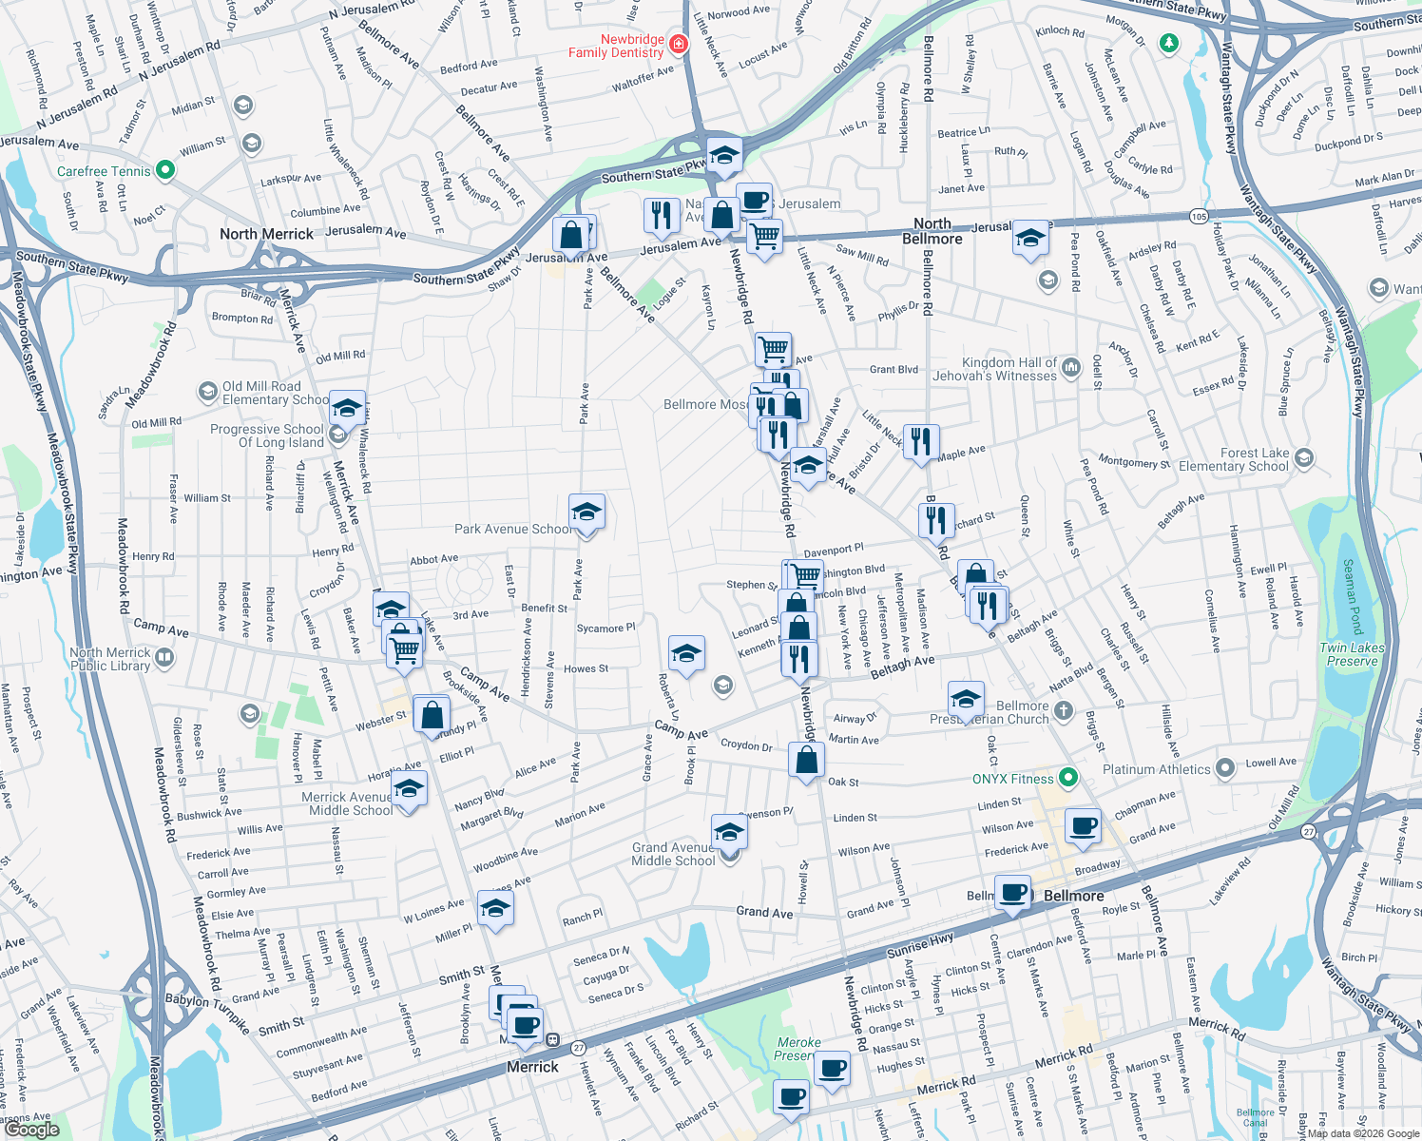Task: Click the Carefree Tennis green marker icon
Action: coord(165,170)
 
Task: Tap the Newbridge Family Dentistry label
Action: coord(616,46)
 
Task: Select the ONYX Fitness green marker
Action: coord(1068,778)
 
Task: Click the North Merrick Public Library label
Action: coord(109,659)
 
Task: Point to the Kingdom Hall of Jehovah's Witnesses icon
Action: coord(1071,367)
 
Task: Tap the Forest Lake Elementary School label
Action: coord(1233,459)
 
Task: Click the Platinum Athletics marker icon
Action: coord(1225,766)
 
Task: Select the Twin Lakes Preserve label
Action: coord(1352,654)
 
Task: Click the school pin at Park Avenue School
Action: coord(586,512)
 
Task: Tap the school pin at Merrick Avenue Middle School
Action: coord(409,788)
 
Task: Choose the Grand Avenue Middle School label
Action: coord(673,854)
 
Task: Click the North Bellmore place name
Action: coord(932,231)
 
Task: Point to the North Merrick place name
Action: coord(266,234)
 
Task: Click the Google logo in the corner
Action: coord(31,1130)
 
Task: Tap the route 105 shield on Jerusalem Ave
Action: coord(1200,217)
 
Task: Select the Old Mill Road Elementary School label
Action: coord(275,393)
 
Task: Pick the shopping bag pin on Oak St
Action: coord(806,761)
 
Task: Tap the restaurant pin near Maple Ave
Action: coord(920,441)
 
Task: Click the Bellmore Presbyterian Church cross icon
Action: coord(1064,710)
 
